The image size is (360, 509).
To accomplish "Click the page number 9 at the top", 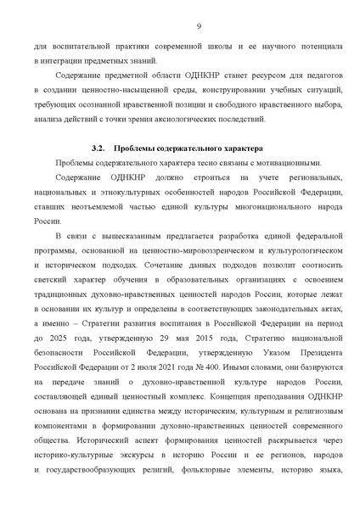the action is click(x=198, y=26).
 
